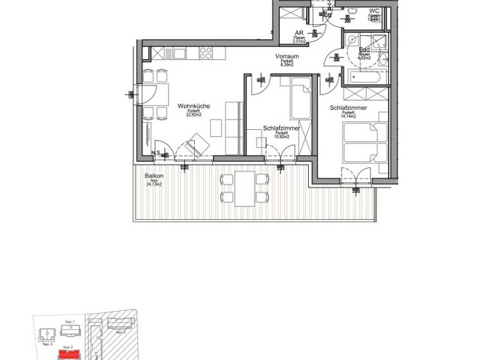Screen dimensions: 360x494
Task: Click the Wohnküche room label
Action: coord(194,105)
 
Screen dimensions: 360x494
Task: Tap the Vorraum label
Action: coord(287,57)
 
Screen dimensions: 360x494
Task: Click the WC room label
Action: coord(374,11)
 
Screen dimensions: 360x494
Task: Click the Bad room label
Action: coord(364,50)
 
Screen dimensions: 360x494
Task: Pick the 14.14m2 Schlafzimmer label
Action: coord(348,108)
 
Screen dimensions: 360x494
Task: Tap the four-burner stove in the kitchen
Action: coord(206,52)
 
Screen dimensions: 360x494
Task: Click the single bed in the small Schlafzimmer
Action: coord(300,98)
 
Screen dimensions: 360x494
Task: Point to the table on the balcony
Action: coord(244,188)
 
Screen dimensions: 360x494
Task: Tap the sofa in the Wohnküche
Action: coord(233,128)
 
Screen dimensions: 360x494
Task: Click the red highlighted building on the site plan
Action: coord(68,354)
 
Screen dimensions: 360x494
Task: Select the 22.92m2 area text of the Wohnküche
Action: coord(194,115)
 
